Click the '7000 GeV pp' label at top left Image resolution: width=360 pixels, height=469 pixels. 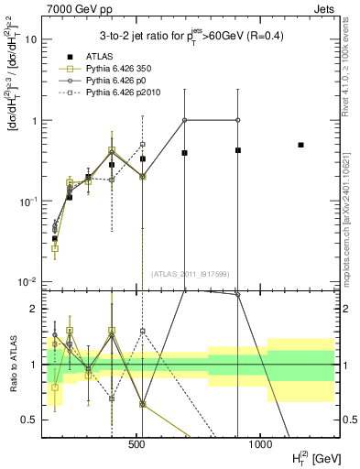(x=76, y=8)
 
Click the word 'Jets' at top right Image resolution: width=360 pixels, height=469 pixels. (x=323, y=8)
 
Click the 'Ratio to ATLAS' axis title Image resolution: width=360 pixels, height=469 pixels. (x=13, y=365)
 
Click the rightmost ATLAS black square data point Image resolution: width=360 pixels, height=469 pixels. (x=300, y=145)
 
